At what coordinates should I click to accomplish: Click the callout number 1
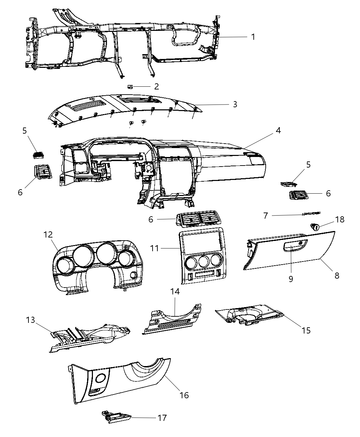[x=253, y=37]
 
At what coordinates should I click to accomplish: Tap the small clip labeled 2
[x=130, y=86]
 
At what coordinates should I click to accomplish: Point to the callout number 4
[x=278, y=131]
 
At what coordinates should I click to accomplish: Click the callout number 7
[x=265, y=216]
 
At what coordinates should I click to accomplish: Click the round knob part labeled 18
[x=314, y=226]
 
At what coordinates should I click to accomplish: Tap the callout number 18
[x=340, y=219]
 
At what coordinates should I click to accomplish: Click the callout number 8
[x=337, y=275]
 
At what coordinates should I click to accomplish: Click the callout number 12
[x=48, y=234]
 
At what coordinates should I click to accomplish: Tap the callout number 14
[x=175, y=292]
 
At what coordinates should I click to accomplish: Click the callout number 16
[x=184, y=395]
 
